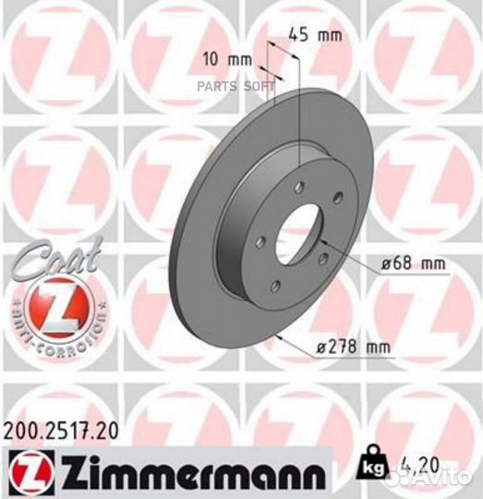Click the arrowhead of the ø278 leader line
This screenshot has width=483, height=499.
(x=280, y=338)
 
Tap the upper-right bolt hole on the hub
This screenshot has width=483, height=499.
(x=336, y=195)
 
